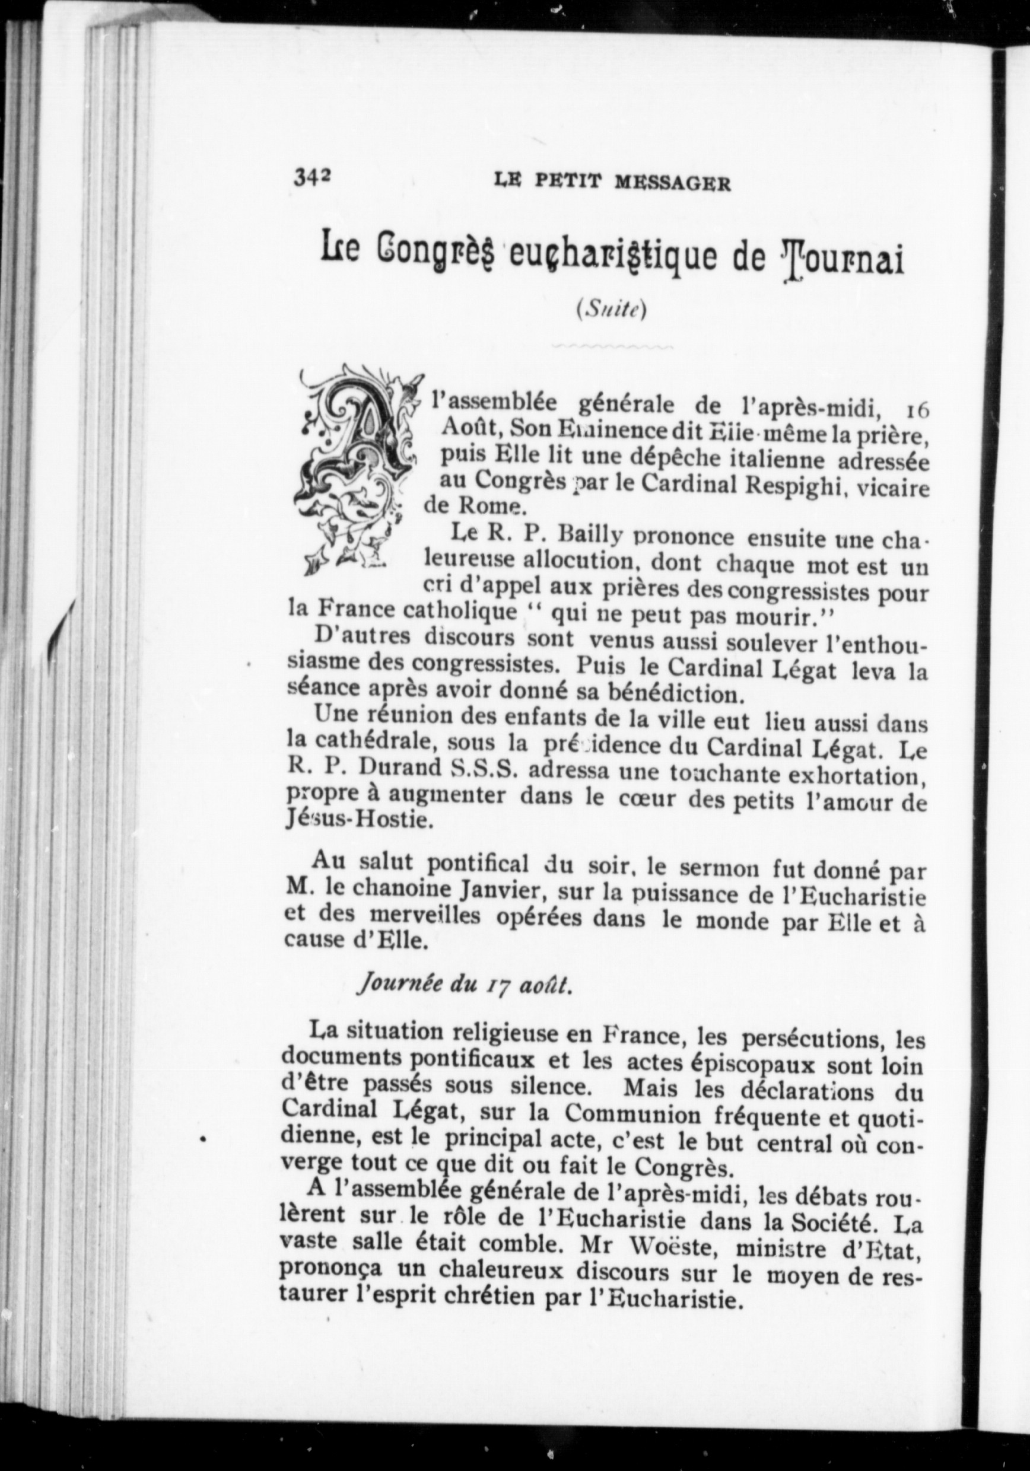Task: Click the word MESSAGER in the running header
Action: (x=672, y=184)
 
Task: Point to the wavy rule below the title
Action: (x=611, y=346)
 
